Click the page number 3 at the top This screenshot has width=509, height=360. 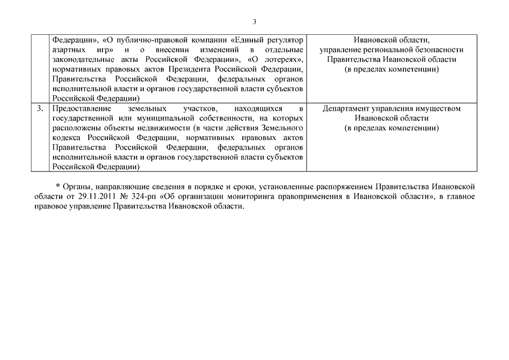254,22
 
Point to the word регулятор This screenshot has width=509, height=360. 283,40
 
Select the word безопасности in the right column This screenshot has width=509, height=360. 438,50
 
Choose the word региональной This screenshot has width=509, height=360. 382,50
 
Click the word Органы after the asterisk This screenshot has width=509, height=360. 75,186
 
